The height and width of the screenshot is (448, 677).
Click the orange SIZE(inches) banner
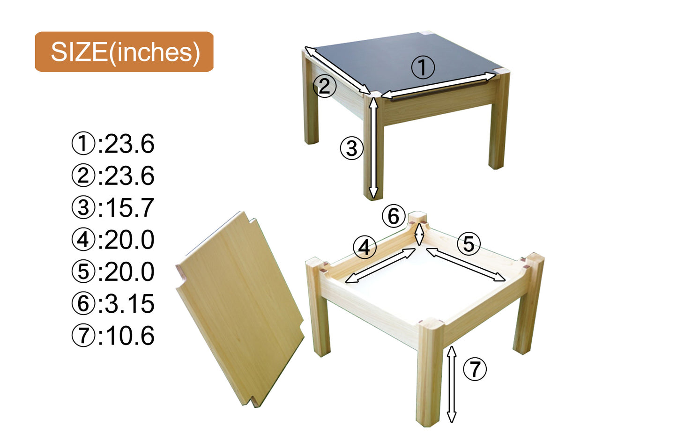(124, 51)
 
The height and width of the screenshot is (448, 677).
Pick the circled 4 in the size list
(83, 240)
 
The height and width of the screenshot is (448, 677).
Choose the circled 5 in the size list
(83, 272)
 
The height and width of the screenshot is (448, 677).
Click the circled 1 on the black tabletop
(423, 67)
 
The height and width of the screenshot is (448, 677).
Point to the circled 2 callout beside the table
(324, 86)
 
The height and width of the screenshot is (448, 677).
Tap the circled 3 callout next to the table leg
(351, 148)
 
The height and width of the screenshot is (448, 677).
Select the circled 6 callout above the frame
(394, 216)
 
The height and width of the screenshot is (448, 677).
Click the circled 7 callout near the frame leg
(475, 369)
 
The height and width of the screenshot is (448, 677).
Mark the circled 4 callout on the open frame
(365, 247)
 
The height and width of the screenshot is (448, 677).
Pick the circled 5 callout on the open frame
(469, 243)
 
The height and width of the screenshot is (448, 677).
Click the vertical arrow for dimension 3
(373, 148)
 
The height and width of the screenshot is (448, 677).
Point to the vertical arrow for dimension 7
(452, 384)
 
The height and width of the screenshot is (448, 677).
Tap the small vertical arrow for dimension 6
(419, 234)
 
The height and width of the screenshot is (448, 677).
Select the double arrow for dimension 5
(466, 265)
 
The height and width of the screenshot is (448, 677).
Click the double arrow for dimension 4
(380, 265)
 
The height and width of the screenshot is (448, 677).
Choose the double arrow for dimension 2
(337, 70)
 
